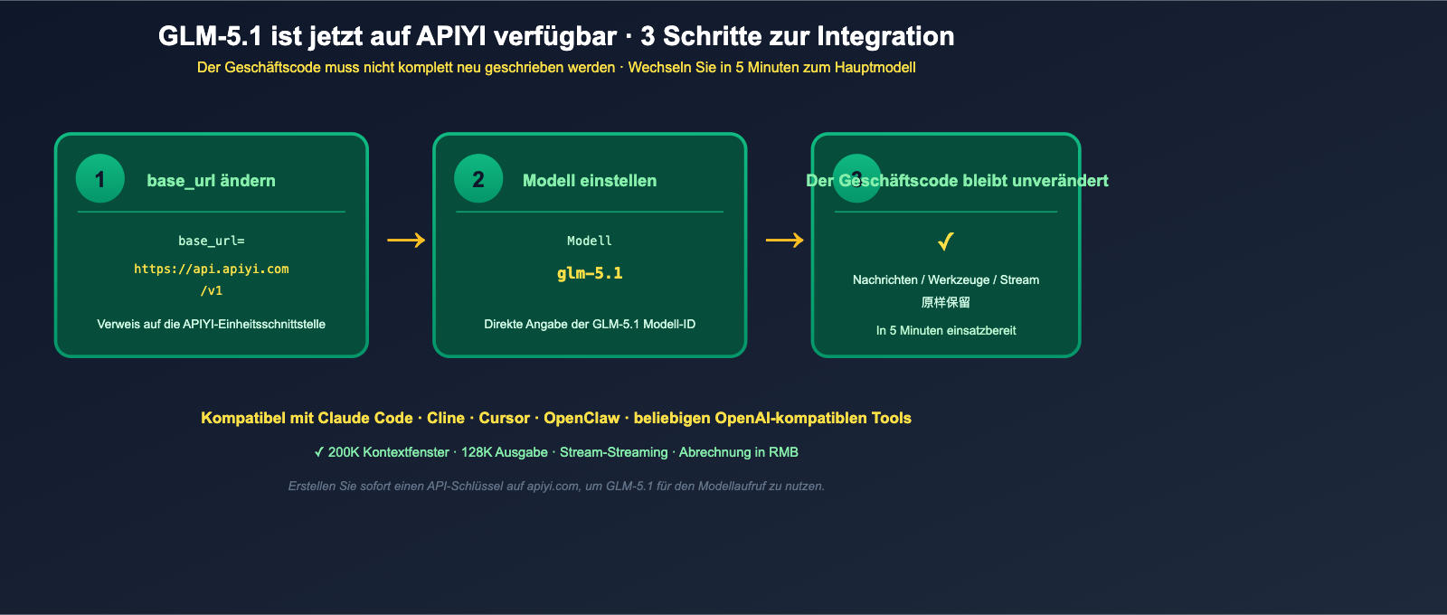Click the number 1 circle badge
[x=100, y=179]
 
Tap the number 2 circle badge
[x=478, y=179]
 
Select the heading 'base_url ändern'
[x=211, y=181]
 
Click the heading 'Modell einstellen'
[x=590, y=181]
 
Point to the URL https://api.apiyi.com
[x=212, y=269]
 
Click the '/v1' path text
[x=212, y=290]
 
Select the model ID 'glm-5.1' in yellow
[x=590, y=273]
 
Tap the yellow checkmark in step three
[x=946, y=241]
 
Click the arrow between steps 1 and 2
[x=406, y=240]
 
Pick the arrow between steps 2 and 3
[x=784, y=240]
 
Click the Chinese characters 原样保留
[x=946, y=302]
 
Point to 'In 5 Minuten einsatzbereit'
[x=946, y=330]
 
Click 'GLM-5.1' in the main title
[x=210, y=36]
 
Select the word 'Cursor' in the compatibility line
[x=504, y=418]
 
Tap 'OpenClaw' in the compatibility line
[x=582, y=418]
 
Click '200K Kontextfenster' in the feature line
[x=388, y=452]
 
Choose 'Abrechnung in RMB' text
[x=738, y=452]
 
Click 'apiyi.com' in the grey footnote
[x=553, y=487]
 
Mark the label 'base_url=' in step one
[x=212, y=241]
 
